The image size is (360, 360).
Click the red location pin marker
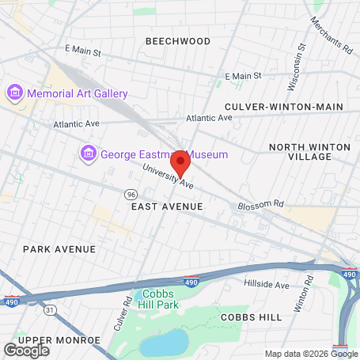pyautogui.click(x=180, y=163)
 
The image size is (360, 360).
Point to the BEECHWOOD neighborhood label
pyautogui.click(x=178, y=41)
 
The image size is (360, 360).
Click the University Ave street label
pyautogui.click(x=168, y=178)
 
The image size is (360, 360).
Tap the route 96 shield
pyautogui.click(x=129, y=193)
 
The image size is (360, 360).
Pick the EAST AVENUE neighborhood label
pyautogui.click(x=167, y=207)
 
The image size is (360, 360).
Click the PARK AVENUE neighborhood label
pyautogui.click(x=59, y=248)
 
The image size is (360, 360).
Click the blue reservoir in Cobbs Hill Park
pyautogui.click(x=164, y=343)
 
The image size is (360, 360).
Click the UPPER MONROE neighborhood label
pyautogui.click(x=59, y=340)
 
